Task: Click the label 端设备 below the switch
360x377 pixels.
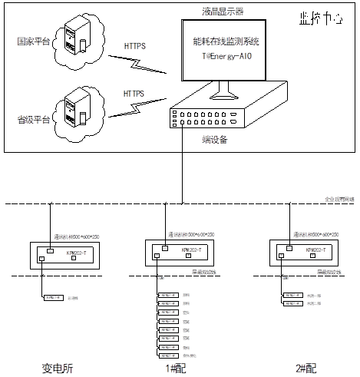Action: pyautogui.click(x=197, y=139)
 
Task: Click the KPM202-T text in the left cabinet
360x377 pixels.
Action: pyautogui.click(x=66, y=251)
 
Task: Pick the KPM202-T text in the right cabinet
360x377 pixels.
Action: pyautogui.click(x=315, y=250)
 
